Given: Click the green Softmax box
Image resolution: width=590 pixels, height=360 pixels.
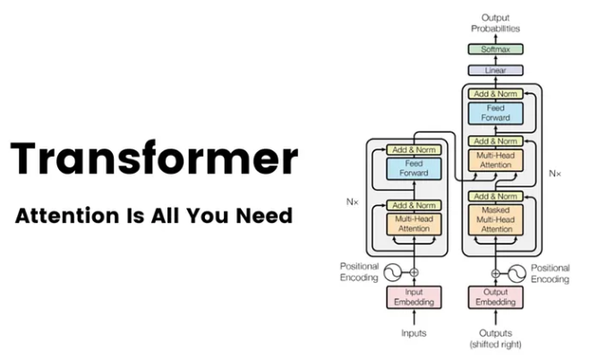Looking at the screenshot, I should click(x=495, y=49).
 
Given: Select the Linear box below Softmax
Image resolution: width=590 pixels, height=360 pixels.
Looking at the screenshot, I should click(x=495, y=70).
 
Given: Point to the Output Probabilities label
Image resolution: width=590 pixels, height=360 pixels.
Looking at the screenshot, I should click(x=495, y=22).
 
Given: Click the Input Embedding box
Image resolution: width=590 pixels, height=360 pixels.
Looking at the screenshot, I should click(x=414, y=296).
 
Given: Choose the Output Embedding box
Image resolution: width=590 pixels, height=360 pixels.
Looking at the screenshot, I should click(x=495, y=296).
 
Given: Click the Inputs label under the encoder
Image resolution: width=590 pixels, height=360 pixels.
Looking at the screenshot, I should click(x=414, y=333).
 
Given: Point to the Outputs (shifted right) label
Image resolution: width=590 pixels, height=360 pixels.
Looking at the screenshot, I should click(x=495, y=339).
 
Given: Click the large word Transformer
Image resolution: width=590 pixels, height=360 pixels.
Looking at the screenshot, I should click(x=153, y=159).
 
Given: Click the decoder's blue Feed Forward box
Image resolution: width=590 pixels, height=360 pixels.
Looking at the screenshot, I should click(x=495, y=114).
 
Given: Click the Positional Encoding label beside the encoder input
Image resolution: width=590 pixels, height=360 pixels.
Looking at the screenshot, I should click(x=359, y=273).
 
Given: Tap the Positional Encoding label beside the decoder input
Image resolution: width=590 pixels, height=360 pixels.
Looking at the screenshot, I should click(x=549, y=273).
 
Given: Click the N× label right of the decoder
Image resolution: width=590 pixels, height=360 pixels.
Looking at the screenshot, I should click(x=554, y=170).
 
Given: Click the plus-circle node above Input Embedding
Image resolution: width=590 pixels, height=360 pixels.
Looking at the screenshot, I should click(x=414, y=272).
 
